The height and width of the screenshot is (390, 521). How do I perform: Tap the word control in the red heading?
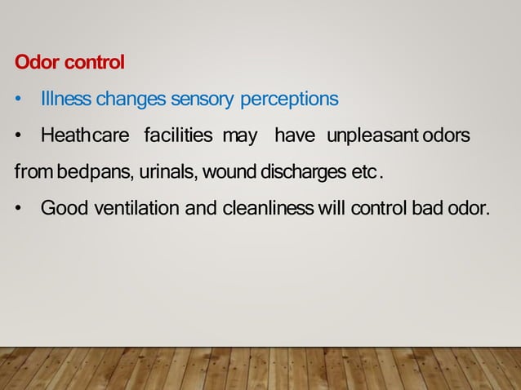(x=91, y=62)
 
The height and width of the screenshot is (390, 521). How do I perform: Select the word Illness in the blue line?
(x=66, y=100)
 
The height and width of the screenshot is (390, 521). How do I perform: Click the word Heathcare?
(x=85, y=135)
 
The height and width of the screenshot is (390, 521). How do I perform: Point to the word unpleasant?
(x=368, y=135)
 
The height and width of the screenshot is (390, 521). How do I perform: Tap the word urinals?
(x=168, y=172)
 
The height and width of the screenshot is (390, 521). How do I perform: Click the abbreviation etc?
(x=367, y=172)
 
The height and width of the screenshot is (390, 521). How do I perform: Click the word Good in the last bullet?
(x=65, y=208)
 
